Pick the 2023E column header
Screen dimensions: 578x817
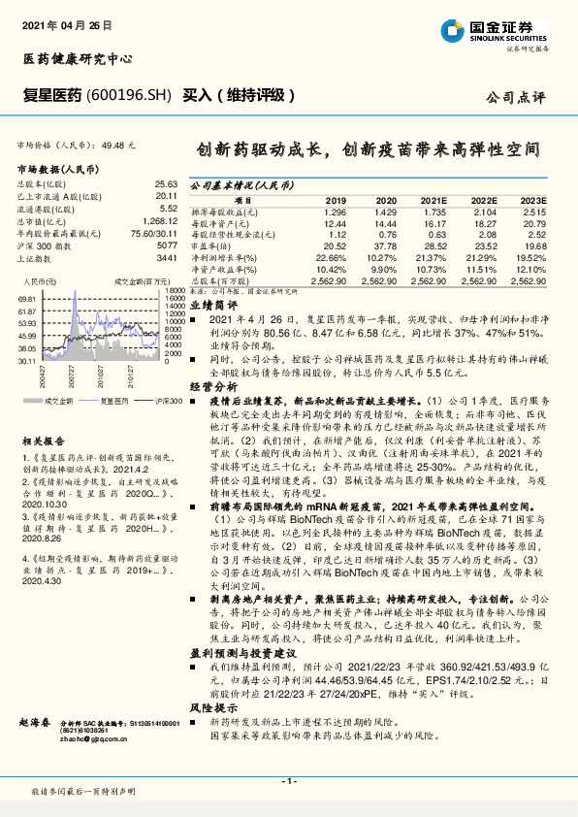(533, 199)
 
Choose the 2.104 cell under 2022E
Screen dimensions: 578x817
(483, 211)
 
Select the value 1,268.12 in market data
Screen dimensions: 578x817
(160, 219)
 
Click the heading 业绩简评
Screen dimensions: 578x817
(209, 304)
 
